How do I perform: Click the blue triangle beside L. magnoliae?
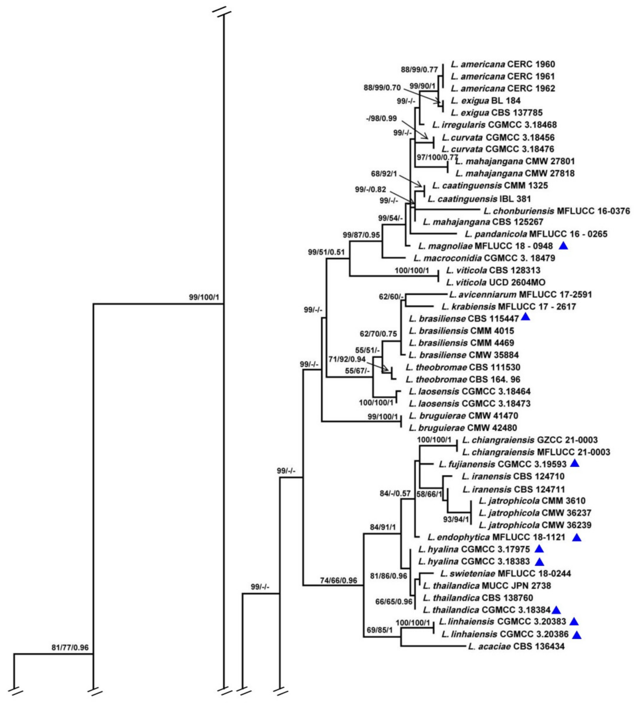click(x=563, y=246)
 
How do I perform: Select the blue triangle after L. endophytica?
click(x=577, y=537)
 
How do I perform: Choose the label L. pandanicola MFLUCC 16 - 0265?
click(x=536, y=234)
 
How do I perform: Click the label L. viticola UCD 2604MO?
click(x=495, y=282)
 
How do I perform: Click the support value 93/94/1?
click(x=456, y=519)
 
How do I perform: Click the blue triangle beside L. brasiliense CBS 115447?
click(x=525, y=317)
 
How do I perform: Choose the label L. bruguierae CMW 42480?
click(x=463, y=428)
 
